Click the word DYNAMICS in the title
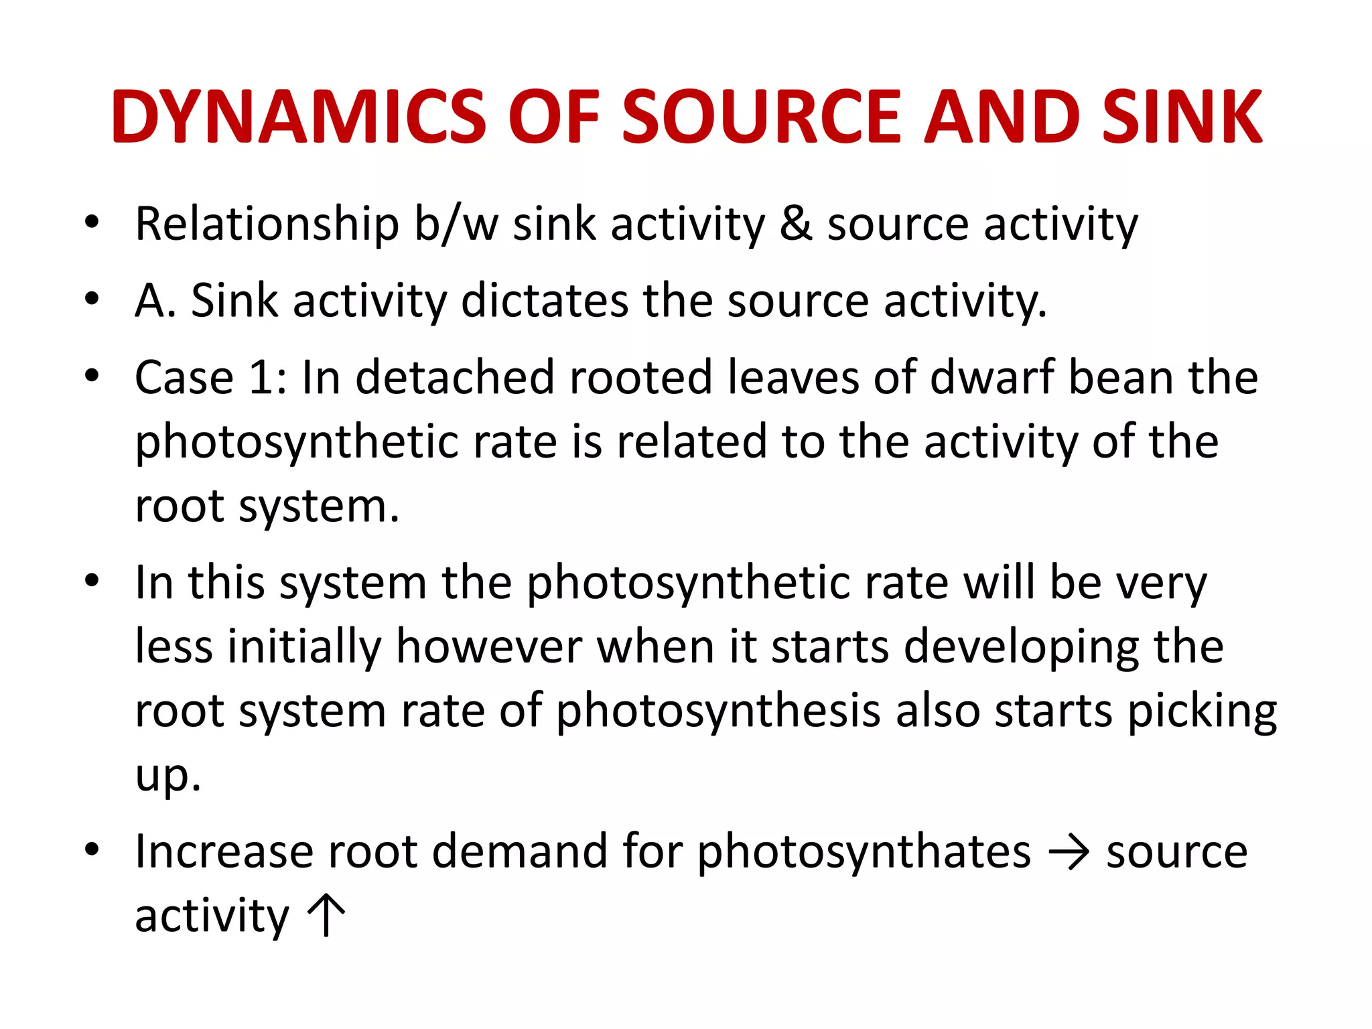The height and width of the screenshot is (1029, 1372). point(298,117)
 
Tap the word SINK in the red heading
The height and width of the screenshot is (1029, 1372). point(1182,117)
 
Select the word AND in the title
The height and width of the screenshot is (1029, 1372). point(1001,117)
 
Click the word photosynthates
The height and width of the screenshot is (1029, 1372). point(864,853)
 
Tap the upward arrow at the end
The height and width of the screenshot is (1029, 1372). point(326,914)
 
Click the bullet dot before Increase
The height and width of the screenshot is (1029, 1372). point(92,850)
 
